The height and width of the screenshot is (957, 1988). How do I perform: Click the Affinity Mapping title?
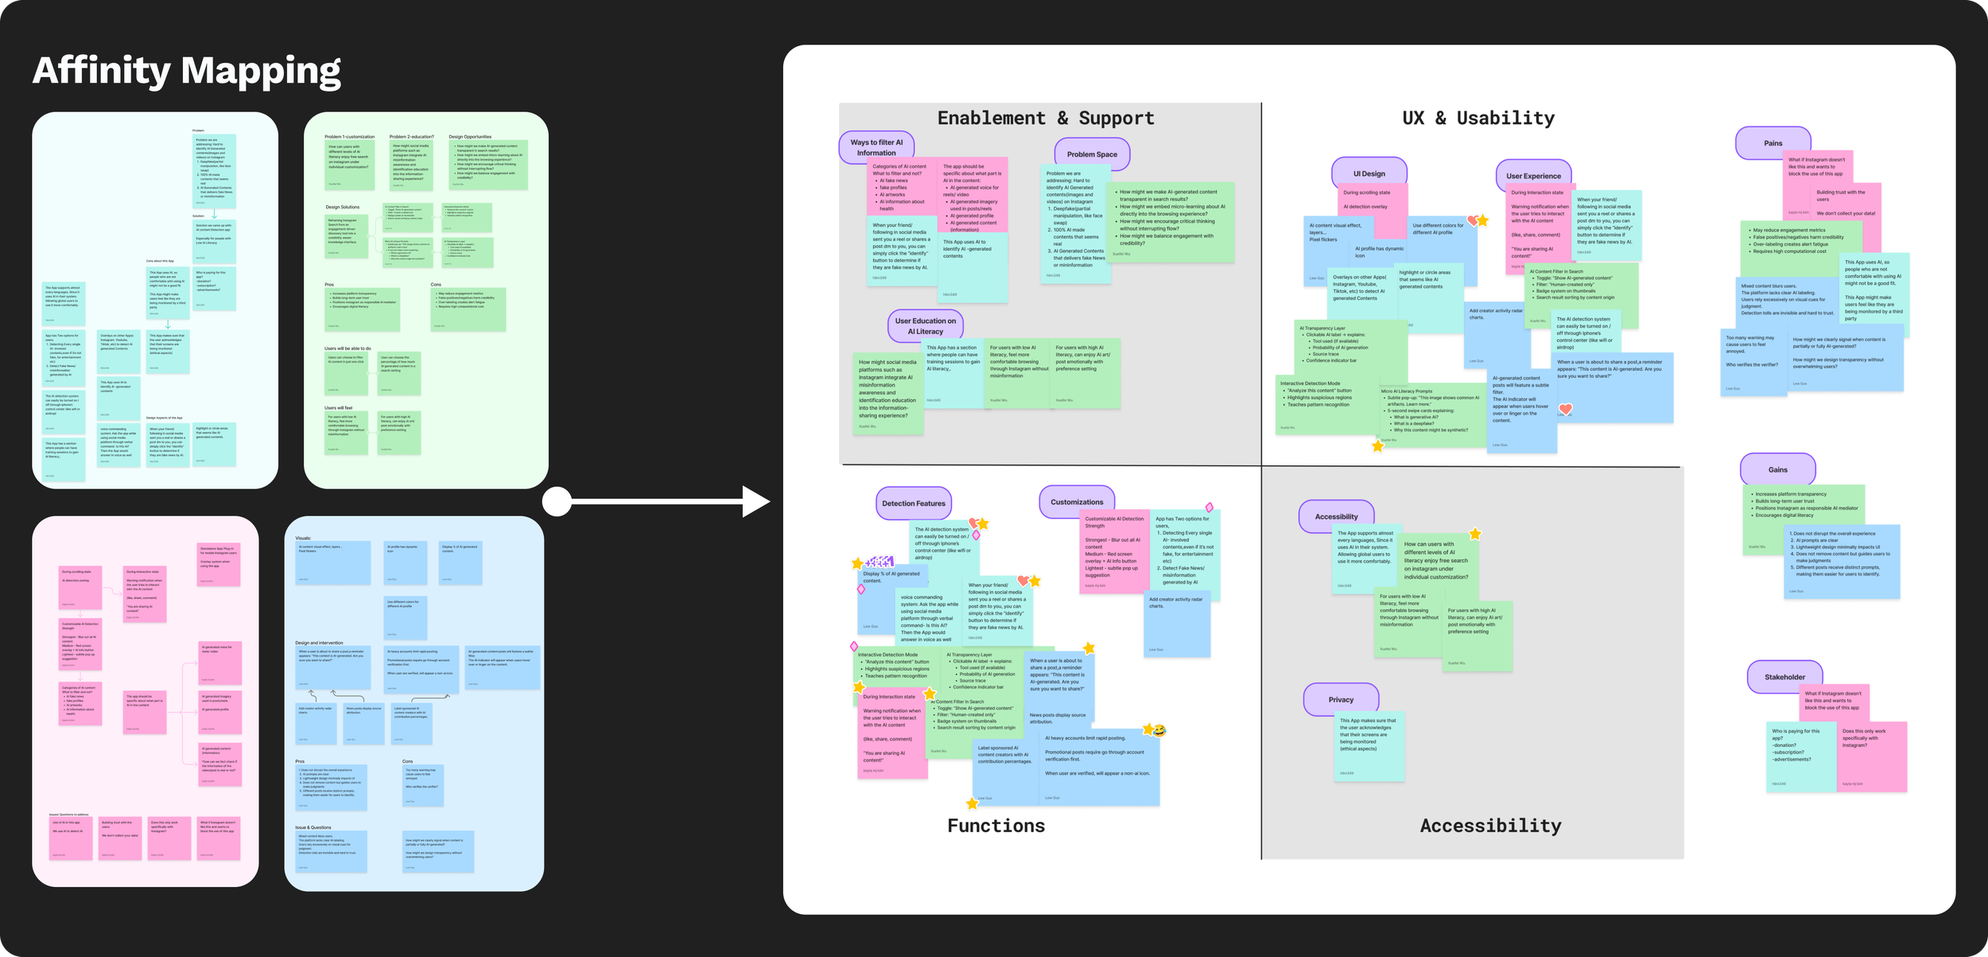coord(187,71)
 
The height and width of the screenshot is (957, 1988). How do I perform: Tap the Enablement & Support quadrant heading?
coord(1045,119)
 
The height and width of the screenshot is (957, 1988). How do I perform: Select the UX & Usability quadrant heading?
coord(1477,119)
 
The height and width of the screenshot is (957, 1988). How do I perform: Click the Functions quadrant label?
coord(996,826)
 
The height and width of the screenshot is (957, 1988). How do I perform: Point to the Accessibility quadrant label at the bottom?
coord(1490,826)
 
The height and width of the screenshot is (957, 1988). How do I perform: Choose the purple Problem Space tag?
coord(1092,154)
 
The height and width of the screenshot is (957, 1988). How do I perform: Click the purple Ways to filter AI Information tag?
coord(876,147)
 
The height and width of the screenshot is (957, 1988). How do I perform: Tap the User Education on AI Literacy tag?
coord(925,326)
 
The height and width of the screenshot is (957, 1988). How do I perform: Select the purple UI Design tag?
coord(1369,173)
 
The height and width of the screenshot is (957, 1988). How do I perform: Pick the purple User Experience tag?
coord(1533,176)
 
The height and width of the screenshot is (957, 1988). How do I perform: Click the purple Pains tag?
coord(1773,143)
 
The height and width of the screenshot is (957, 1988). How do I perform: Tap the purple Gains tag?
coord(1777,469)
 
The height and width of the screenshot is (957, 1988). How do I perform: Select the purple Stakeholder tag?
coord(1784,677)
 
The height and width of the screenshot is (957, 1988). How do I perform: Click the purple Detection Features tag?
coord(914,504)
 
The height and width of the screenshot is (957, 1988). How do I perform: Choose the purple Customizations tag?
coord(1077,502)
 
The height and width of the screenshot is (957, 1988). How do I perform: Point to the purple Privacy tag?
coord(1341,699)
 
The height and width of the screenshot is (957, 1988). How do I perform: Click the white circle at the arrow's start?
coord(557,502)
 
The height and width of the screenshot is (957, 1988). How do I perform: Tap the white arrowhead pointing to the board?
coord(755,502)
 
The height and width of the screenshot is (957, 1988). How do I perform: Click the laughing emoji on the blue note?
coord(1159,730)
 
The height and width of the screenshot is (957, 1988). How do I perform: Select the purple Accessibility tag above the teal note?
coord(1336,516)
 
